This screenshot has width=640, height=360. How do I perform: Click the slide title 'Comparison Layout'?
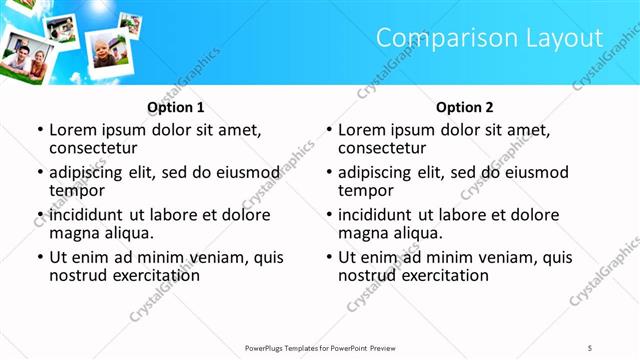490,38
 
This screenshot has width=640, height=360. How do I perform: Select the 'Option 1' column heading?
176,107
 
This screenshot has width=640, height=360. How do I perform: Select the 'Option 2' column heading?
465,107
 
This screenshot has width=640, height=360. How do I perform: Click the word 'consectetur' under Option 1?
93,148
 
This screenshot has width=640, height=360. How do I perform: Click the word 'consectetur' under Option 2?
382,148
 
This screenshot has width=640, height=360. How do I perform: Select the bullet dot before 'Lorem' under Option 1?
40,130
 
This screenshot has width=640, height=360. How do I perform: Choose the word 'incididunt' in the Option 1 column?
87,215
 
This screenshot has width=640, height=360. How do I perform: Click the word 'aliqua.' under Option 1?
129,233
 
